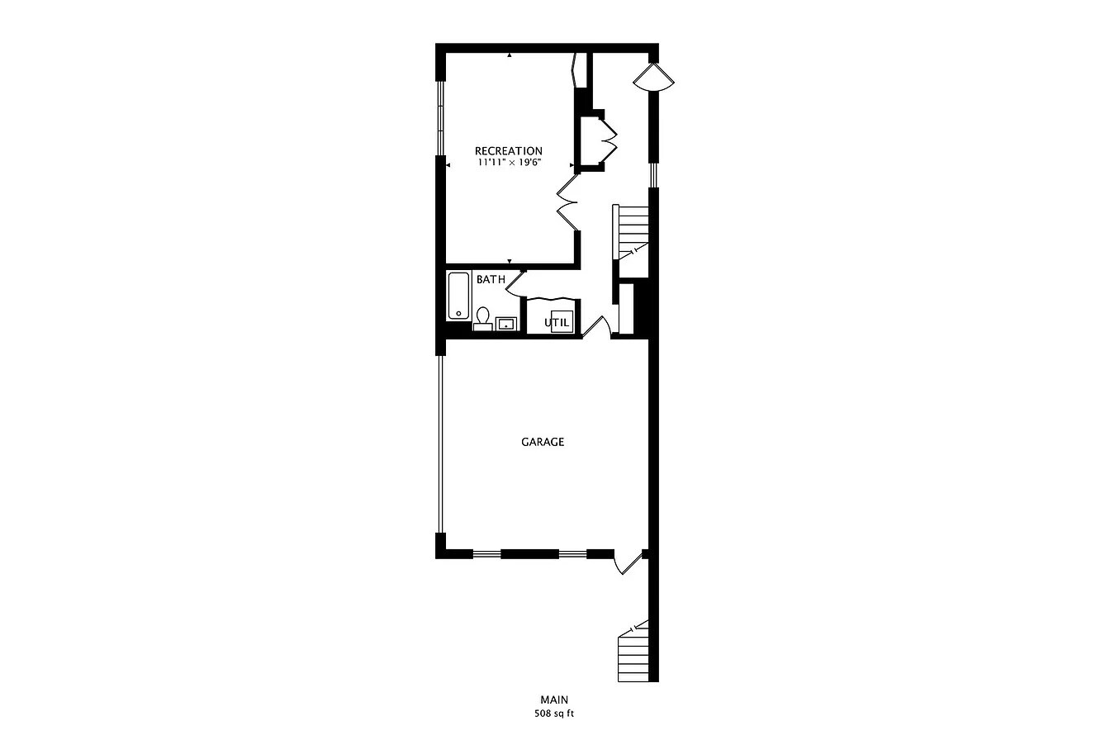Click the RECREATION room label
tap(509, 150)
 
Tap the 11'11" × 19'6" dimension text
tap(509, 162)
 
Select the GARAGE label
tap(543, 442)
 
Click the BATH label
tap(491, 279)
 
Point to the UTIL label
tap(557, 323)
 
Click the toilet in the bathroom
tap(482, 319)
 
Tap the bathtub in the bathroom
tap(458, 296)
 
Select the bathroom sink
tap(506, 324)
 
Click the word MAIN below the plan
tap(554, 700)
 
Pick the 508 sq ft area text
tap(554, 714)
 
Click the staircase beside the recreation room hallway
tap(631, 232)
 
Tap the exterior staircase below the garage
tap(633, 652)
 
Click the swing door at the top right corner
tap(654, 78)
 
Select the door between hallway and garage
tap(596, 327)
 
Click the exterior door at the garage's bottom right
tap(628, 562)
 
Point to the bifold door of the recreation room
tap(567, 202)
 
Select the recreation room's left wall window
tap(440, 118)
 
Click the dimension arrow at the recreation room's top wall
tap(510, 55)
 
